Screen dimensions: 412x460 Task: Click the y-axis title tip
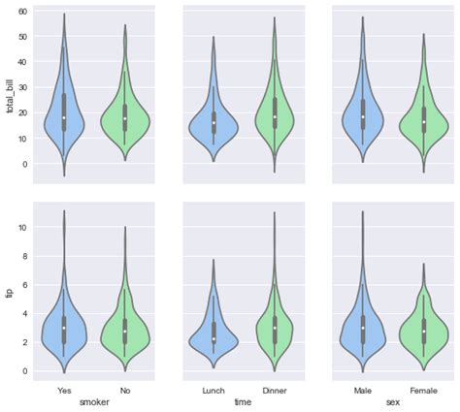(x=11, y=289)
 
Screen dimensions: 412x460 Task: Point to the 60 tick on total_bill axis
(x=23, y=11)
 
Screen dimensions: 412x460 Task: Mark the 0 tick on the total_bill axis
(x=26, y=164)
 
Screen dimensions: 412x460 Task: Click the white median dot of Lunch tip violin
(x=214, y=339)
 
